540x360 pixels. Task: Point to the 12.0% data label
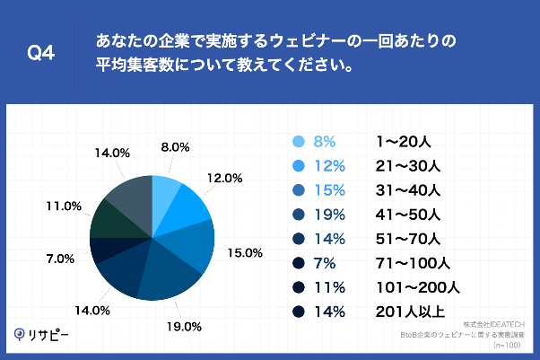tap(225, 178)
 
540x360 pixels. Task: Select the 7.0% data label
tap(59, 259)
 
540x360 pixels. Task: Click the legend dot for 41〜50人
tap(299, 215)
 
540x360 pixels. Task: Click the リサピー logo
tap(41, 334)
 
